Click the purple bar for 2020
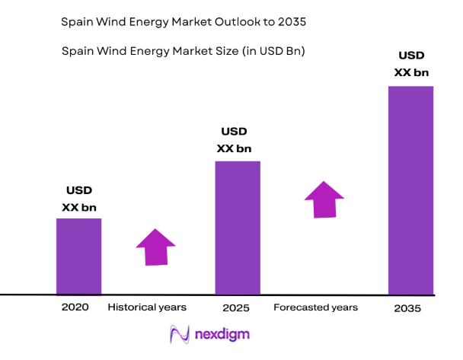point(78,256)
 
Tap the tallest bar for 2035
point(410,190)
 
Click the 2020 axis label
point(75,307)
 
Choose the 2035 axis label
point(409,309)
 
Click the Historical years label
point(147,307)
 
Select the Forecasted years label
point(315,307)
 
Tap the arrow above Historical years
point(155,247)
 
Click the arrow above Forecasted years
point(324,199)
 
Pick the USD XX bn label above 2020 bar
point(78,198)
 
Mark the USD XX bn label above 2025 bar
point(234,140)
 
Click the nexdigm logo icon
point(180,334)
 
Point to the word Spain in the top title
point(77,23)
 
